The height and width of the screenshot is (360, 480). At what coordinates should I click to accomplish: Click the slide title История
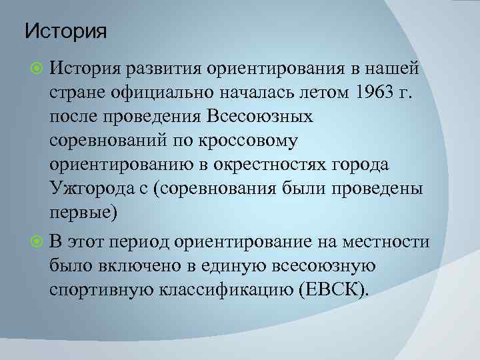[65, 31]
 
